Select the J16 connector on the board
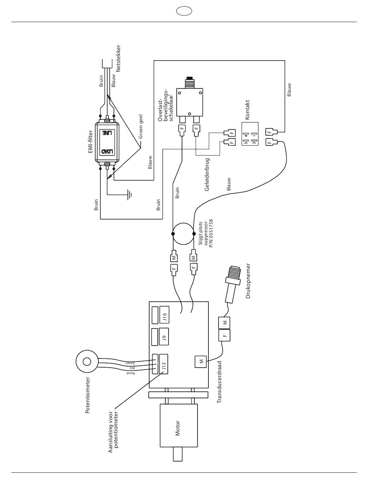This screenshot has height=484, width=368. [164, 315]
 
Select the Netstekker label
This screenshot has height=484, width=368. [118, 59]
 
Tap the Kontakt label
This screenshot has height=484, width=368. [247, 110]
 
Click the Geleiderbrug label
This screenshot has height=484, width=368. [207, 175]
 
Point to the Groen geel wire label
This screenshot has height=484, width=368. [141, 126]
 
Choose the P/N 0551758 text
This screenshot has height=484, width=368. [211, 233]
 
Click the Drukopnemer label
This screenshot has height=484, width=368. [248, 281]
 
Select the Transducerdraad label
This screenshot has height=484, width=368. [220, 382]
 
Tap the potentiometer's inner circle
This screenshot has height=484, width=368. [86, 361]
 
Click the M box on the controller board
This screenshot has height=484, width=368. [201, 361]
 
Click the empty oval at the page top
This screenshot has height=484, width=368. [184, 11]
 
